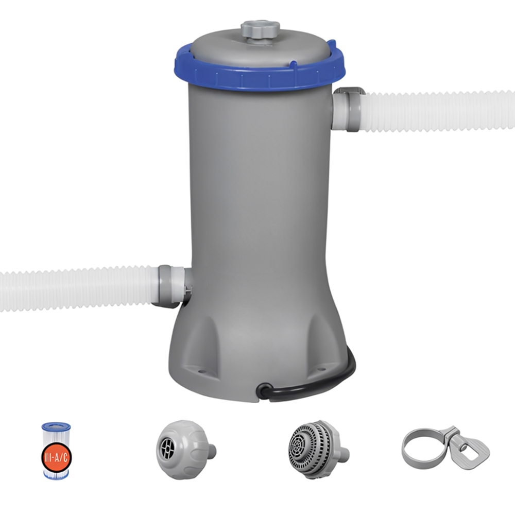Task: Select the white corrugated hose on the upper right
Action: click(438, 111)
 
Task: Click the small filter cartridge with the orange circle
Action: click(55, 451)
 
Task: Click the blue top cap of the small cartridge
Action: click(55, 427)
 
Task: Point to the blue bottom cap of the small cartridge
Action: click(55, 475)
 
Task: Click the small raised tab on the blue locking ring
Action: click(293, 65)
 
